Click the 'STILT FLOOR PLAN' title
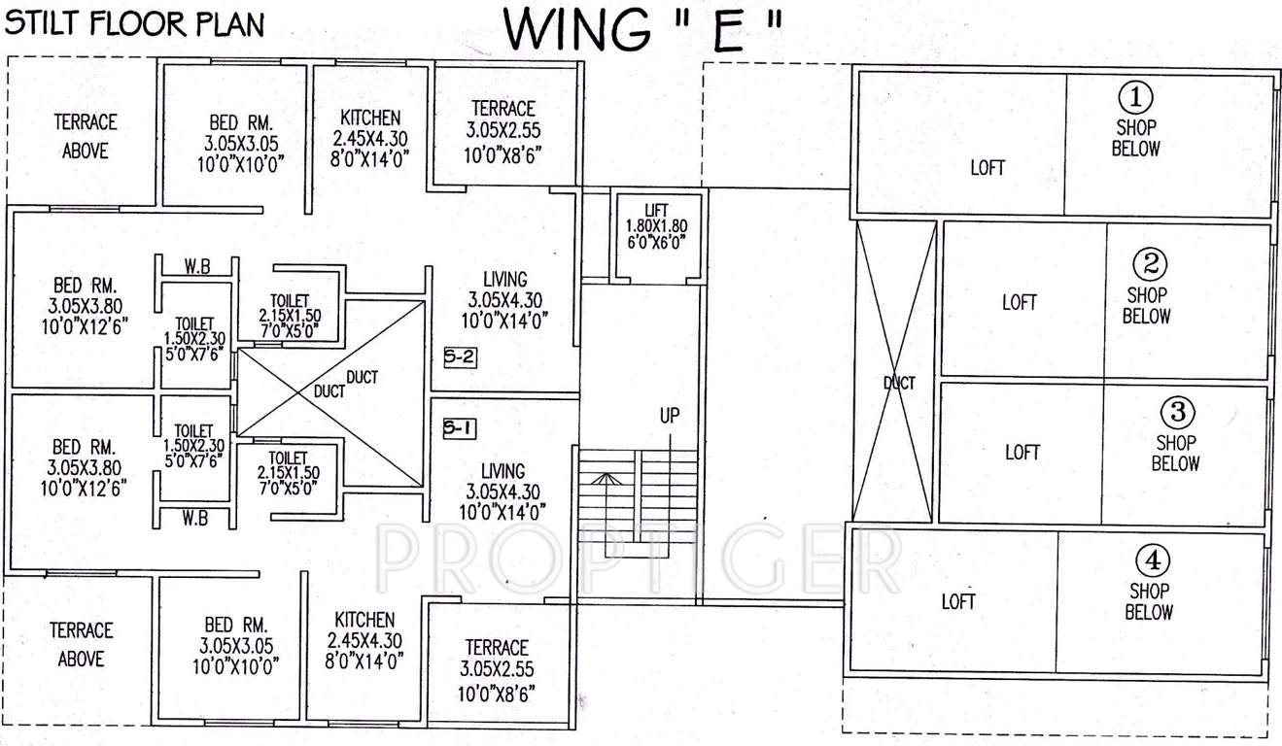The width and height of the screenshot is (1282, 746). tap(134, 24)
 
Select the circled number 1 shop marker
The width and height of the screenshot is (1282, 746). tap(1136, 97)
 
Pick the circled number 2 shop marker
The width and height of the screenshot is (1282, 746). tap(1152, 264)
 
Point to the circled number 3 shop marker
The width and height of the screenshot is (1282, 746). tap(1176, 412)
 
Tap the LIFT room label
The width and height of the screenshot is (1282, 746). tap(656, 211)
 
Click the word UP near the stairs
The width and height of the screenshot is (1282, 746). tap(669, 416)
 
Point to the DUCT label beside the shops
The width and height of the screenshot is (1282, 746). tap(899, 384)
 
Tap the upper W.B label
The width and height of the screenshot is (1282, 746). tap(196, 267)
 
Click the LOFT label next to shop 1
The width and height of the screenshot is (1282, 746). tap(987, 168)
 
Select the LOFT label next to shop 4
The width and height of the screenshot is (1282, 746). tap(958, 602)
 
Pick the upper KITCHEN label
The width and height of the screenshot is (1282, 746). tap(369, 118)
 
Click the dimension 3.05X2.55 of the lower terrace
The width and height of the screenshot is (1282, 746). tap(497, 669)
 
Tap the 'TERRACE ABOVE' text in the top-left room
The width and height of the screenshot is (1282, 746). tap(86, 136)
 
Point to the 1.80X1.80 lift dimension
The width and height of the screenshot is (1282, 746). tap(656, 226)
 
